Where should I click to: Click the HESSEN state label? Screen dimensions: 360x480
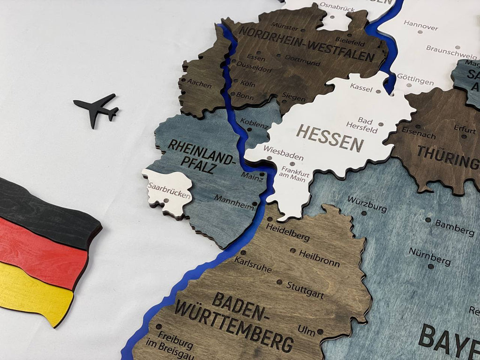click(330, 137)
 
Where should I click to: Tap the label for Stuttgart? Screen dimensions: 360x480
click(305, 290)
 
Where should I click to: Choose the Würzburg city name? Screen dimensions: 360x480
click(367, 203)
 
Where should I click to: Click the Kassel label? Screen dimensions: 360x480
click(361, 88)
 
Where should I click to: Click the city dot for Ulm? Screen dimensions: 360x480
click(320, 331)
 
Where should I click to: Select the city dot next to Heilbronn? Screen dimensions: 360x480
click(292, 251)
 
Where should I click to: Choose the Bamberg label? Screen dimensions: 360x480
click(455, 227)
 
